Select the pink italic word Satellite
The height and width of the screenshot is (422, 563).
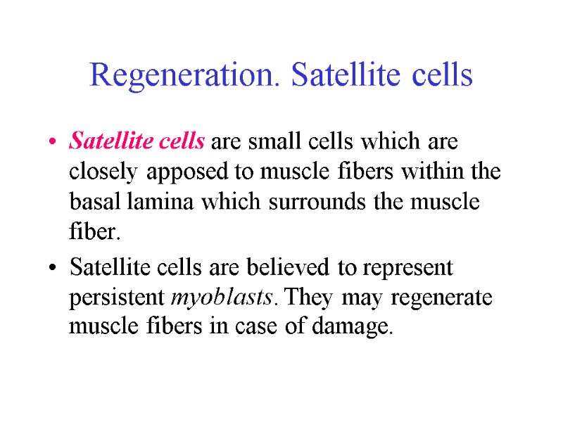101,142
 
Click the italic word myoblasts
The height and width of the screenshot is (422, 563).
220,299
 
